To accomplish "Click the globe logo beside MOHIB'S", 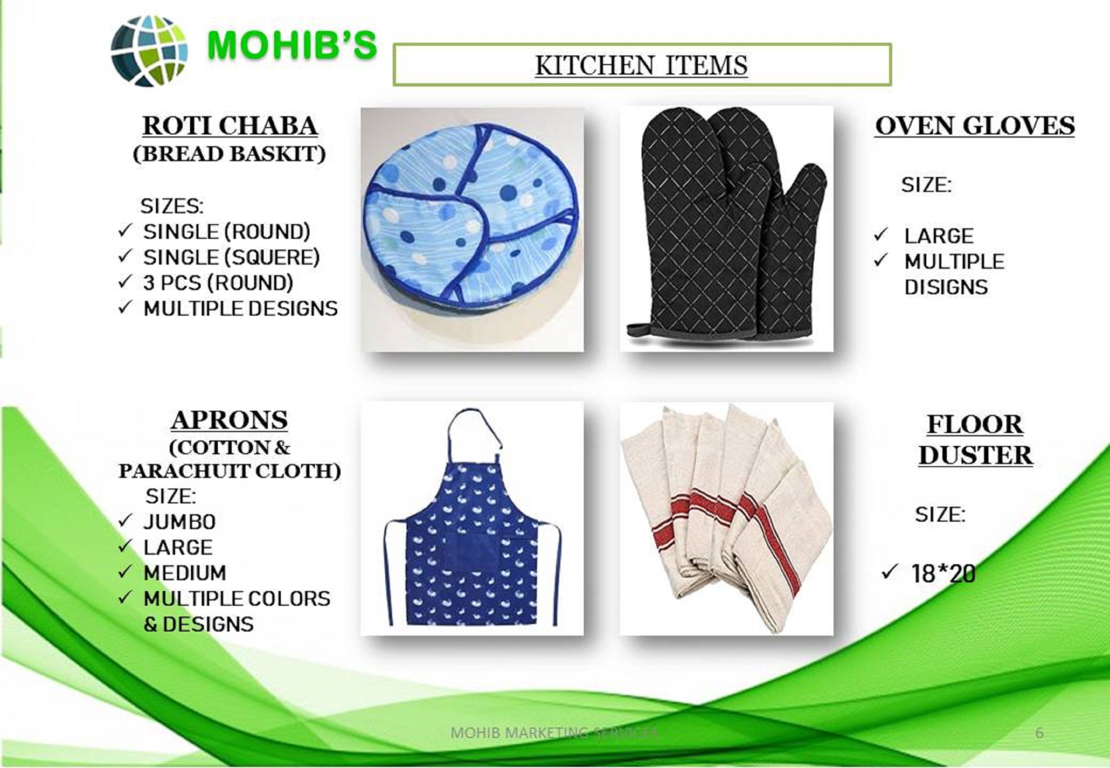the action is point(149,51).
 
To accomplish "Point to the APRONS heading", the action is point(229,420).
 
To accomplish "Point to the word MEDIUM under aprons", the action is point(185,573).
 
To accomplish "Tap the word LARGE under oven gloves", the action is point(939,236).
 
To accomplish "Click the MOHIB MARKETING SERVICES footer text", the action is point(554,733).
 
